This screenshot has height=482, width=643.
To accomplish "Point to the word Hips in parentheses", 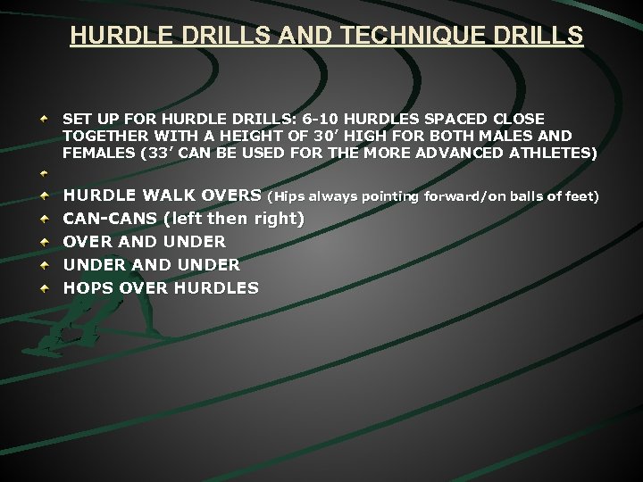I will (x=289, y=195).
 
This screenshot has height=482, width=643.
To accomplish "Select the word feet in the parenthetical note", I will (x=581, y=195).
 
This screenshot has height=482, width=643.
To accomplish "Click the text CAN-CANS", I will (x=110, y=218).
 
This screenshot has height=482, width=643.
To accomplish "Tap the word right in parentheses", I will (x=278, y=218).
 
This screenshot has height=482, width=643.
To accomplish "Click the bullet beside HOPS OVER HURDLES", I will (x=43, y=287).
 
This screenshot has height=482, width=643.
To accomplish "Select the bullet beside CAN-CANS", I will (x=43, y=218).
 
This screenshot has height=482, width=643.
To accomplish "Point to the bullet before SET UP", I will (x=43, y=120).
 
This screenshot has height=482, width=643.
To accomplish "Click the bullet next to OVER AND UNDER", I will (x=43, y=241).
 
